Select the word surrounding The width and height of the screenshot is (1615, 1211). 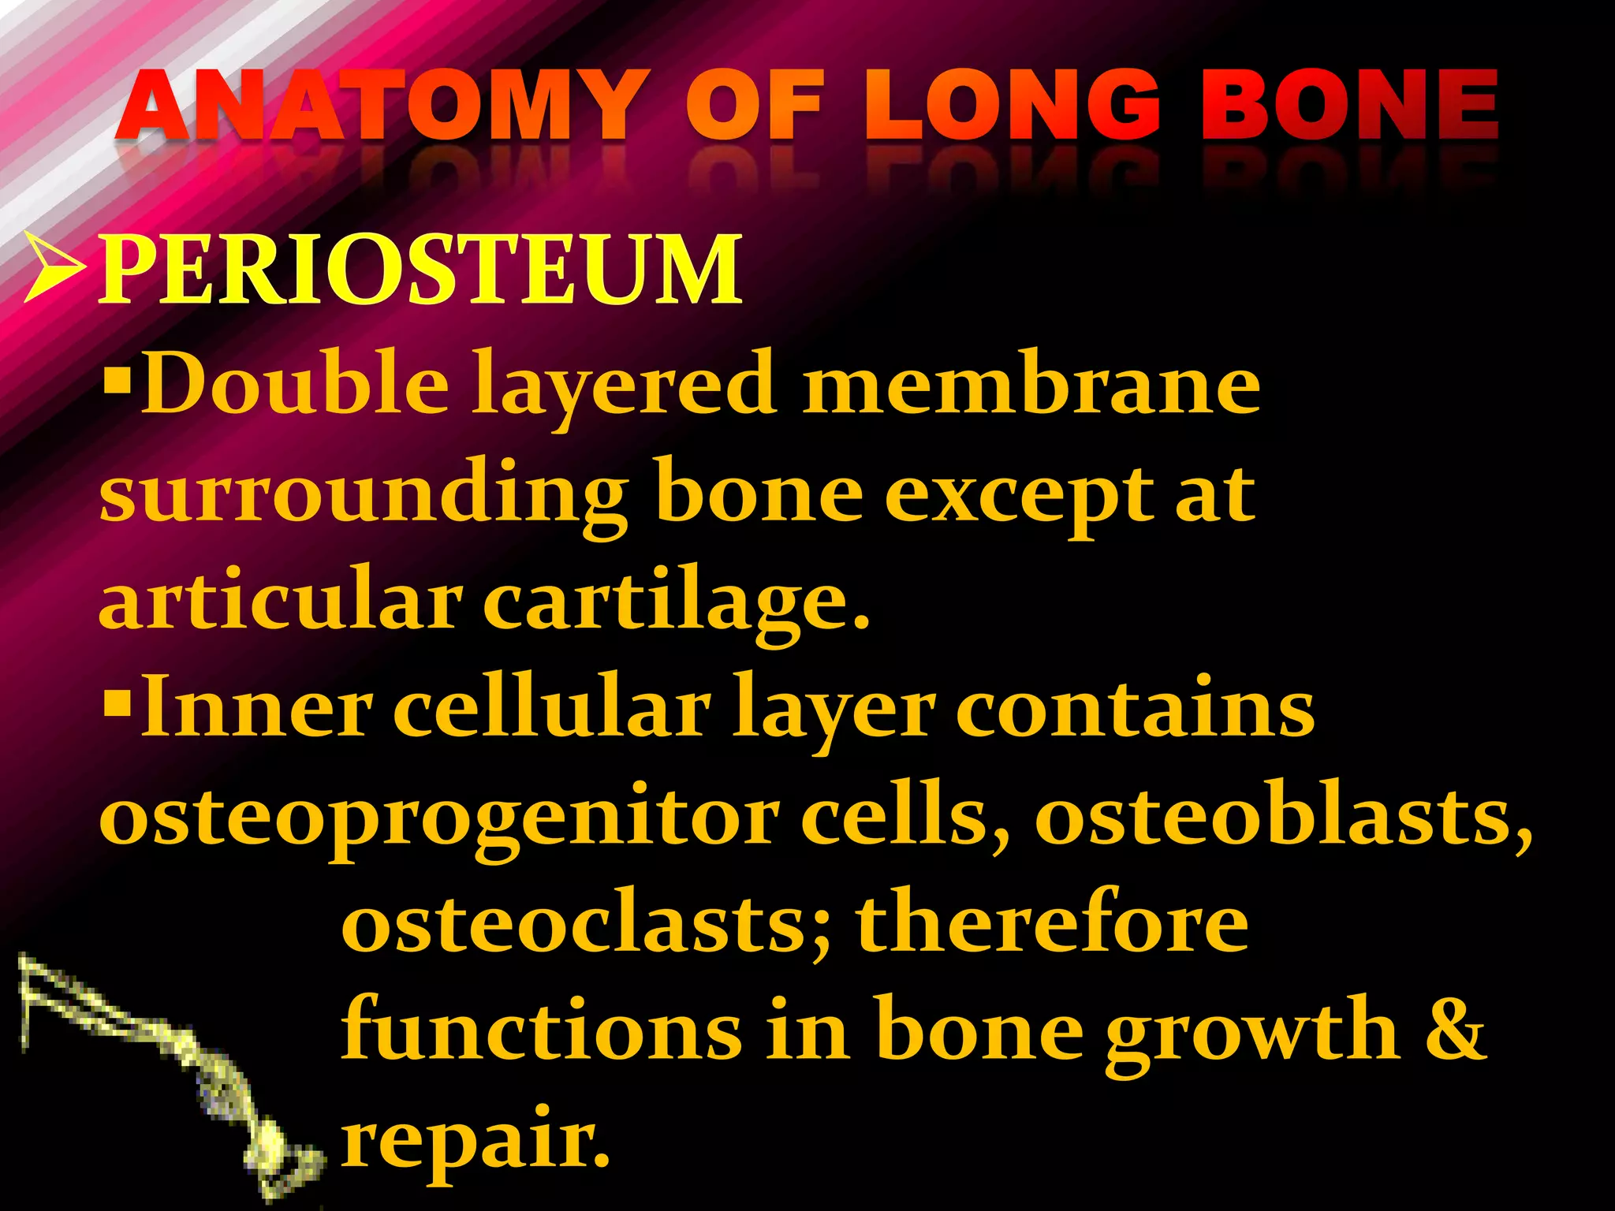click(364, 495)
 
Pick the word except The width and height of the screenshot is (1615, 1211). click(1018, 495)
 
